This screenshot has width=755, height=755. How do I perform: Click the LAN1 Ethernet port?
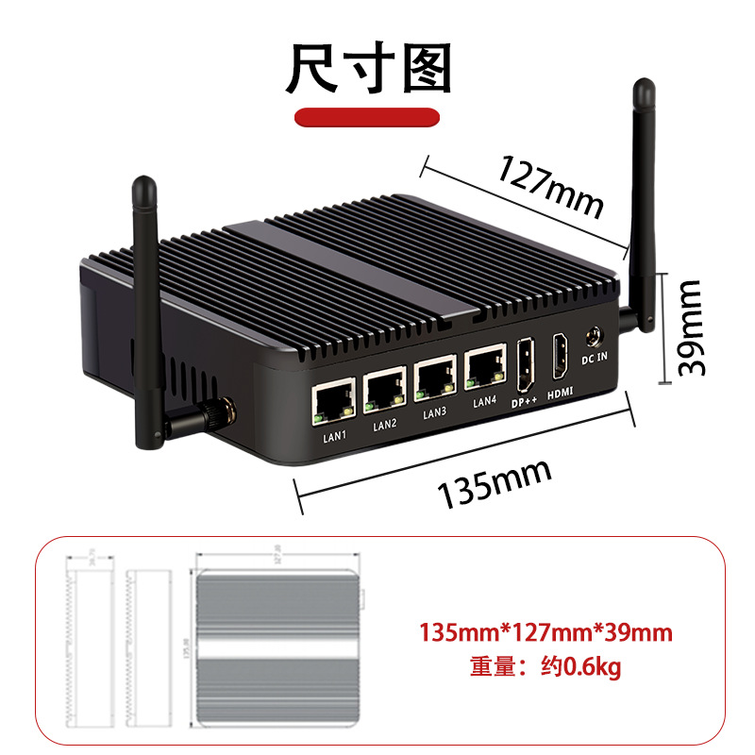332,402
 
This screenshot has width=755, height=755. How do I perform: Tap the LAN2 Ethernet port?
384,387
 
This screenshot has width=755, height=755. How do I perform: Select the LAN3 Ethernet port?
434,375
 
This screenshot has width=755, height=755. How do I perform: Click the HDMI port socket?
560,356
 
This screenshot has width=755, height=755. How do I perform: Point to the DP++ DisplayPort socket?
525,364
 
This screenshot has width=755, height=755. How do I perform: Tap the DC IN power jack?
595,335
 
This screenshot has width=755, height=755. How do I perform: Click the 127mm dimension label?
550,183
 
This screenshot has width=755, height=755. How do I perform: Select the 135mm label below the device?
493,484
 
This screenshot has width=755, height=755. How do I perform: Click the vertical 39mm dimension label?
692,327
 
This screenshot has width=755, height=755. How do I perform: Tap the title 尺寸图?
369,68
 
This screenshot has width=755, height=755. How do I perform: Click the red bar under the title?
368,117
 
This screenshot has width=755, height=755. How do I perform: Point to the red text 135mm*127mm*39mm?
545,631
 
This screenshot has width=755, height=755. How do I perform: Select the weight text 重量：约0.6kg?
545,667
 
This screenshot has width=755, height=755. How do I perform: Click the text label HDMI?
562,391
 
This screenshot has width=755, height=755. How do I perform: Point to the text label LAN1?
335,435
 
